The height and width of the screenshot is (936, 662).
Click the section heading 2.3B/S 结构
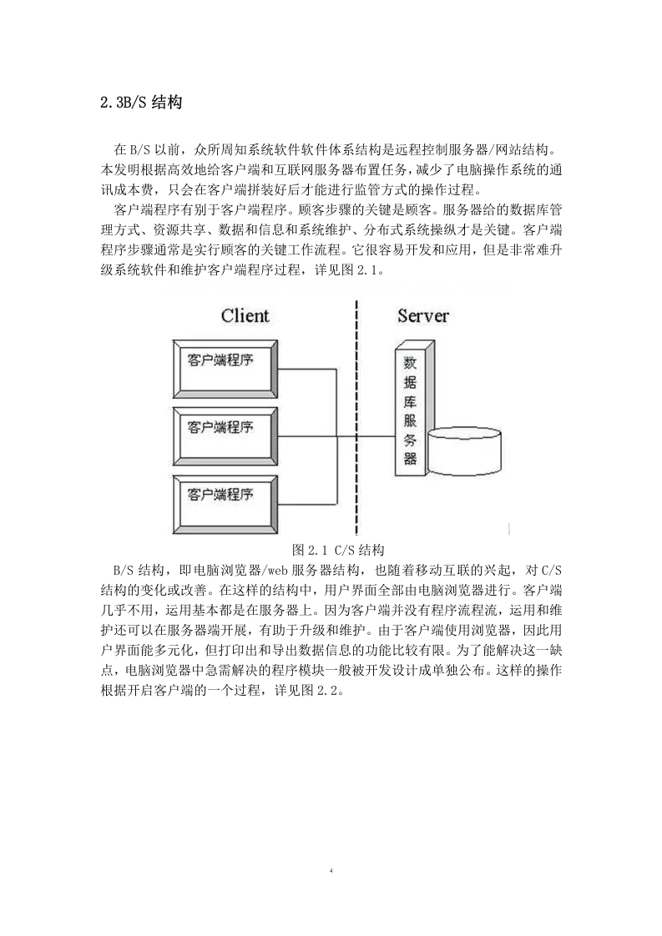(142, 103)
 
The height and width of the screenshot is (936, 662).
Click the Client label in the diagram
(245, 316)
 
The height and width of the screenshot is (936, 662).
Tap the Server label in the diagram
(423, 316)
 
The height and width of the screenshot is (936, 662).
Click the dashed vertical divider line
(356, 418)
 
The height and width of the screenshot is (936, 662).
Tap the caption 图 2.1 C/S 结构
(338, 550)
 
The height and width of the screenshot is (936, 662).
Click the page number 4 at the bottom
(331, 870)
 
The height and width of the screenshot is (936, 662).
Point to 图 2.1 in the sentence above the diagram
(361, 269)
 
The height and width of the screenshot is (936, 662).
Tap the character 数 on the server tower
(410, 362)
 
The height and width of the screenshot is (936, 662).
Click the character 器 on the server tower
(410, 458)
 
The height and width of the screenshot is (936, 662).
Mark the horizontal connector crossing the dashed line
(366, 437)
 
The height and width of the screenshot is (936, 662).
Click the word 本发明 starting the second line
(120, 169)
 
